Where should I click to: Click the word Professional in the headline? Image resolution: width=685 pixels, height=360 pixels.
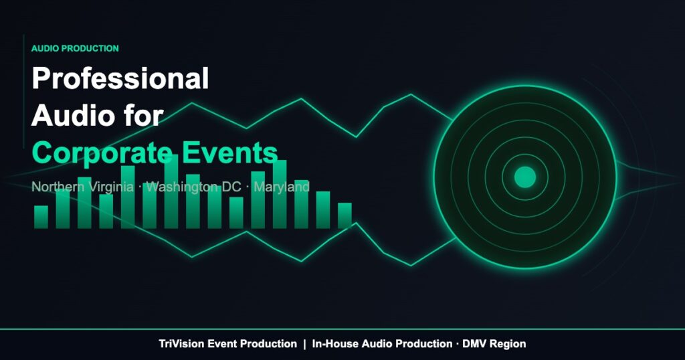tap(120, 80)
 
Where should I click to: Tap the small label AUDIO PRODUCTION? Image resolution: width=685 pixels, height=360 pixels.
tap(75, 49)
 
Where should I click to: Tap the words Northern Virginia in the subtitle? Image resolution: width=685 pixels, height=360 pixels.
tap(82, 187)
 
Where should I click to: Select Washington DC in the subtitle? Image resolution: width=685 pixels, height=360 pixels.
tap(193, 187)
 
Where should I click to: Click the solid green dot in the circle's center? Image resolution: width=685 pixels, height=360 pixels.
tap(524, 177)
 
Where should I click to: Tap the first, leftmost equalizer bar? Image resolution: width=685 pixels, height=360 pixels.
tap(41, 217)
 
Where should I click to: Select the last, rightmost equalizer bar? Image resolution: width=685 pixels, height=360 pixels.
tap(345, 215)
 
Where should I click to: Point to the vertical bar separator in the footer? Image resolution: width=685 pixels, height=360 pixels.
tap(304, 344)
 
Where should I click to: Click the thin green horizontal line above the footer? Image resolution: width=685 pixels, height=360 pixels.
tap(342, 329)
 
